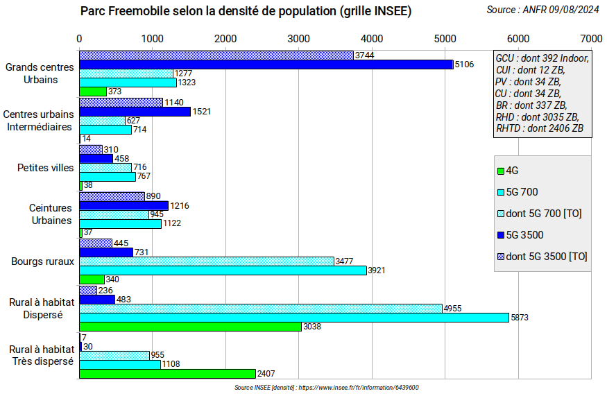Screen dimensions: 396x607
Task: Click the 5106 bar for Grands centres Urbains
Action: [266, 64]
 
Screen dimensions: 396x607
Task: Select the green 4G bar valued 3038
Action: [190, 327]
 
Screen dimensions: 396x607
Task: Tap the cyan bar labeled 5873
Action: [294, 318]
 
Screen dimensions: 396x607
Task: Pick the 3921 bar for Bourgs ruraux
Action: [223, 270]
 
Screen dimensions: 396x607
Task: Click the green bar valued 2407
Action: [167, 374]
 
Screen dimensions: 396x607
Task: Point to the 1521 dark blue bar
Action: [135, 112]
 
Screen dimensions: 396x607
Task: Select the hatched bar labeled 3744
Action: [216, 55]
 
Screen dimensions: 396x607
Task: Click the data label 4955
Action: [453, 308]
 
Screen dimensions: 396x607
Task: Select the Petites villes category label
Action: [45, 167]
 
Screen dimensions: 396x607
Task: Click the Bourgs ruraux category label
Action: [42, 261]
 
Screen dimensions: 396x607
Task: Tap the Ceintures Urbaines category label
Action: [51, 214]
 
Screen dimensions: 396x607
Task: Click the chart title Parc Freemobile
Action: [246, 11]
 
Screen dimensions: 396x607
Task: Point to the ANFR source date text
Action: [543, 10]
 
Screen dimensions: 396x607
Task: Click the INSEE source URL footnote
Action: [326, 388]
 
